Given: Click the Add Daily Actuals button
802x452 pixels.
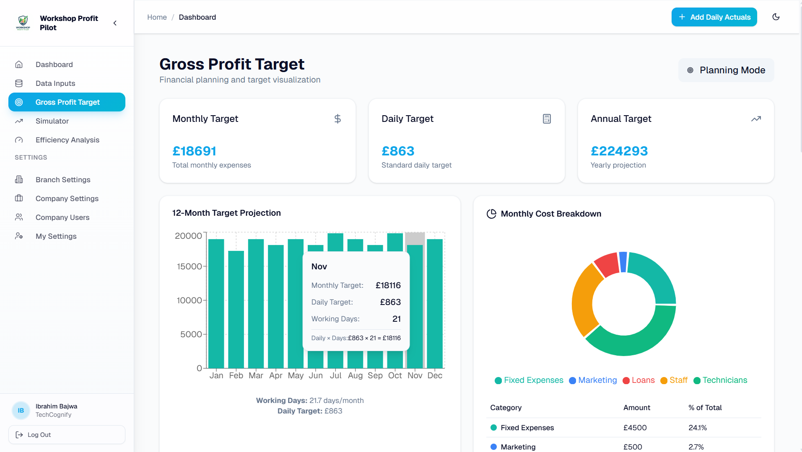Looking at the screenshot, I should coord(714,17).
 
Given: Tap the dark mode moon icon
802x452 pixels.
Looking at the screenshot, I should coord(776,17).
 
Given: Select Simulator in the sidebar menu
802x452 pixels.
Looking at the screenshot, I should coord(52,121).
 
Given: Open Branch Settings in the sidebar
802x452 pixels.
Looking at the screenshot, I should coord(63,180).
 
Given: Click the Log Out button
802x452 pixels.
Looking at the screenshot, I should coord(67,435).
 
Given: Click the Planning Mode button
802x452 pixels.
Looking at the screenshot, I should coord(726,70).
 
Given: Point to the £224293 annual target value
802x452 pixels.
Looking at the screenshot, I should coord(619,151).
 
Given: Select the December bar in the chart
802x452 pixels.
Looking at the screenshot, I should coord(435,303).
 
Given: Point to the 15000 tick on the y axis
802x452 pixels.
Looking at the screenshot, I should coord(189,266).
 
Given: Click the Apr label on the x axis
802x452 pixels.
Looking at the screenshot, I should coord(275,376).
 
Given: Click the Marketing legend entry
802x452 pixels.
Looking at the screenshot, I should coord(593,380).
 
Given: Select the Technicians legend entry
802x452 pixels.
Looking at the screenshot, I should coord(720,380).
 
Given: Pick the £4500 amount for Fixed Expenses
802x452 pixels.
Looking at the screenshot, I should coord(635,428).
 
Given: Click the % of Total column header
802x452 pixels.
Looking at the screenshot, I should coord(705,408).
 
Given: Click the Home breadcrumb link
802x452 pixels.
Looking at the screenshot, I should coord(157,17).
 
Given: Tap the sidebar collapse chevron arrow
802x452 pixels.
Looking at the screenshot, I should coord(115,23).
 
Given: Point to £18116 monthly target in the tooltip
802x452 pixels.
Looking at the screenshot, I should coord(388,285).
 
